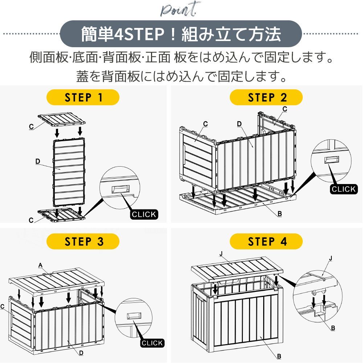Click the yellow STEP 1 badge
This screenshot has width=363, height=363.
[83, 97]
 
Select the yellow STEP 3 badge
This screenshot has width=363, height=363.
[83, 241]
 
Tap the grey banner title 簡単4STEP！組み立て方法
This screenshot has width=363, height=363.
[180, 34]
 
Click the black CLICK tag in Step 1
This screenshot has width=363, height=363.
[144, 214]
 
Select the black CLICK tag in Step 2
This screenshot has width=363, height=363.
[343, 189]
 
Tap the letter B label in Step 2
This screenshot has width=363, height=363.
[280, 214]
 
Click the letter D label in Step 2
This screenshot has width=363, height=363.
[239, 124]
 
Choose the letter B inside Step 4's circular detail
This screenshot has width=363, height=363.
[333, 328]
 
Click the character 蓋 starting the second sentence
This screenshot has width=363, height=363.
[82, 76]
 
